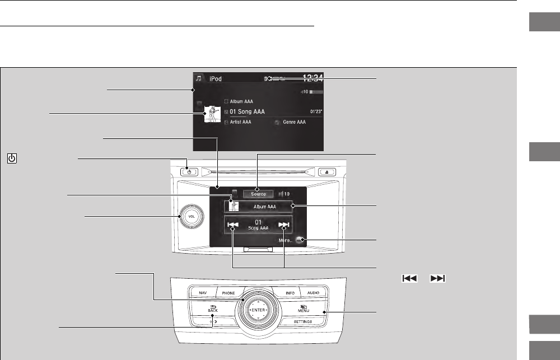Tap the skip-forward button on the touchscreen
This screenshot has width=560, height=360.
tap(284, 227)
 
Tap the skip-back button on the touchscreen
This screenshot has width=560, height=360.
tap(233, 227)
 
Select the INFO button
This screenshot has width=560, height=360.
tap(290, 292)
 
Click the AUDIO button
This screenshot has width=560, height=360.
tap(312, 292)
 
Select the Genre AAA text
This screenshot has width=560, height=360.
tap(294, 121)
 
